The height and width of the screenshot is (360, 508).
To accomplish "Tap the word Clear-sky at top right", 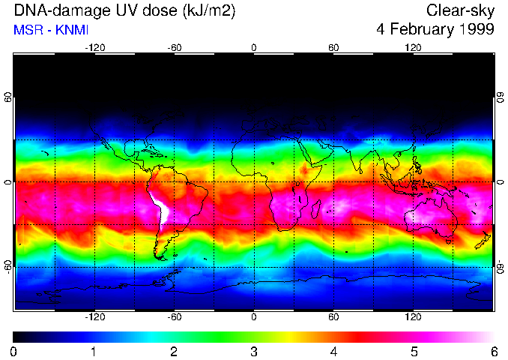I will (459, 10).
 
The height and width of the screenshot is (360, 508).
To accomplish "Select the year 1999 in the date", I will (475, 30).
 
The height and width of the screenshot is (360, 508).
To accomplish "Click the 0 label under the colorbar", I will (14, 351).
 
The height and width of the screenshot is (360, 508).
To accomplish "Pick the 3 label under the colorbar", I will (253, 351).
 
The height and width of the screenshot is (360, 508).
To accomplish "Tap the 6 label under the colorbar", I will (493, 351).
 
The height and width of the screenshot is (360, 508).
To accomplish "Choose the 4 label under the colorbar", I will (333, 351).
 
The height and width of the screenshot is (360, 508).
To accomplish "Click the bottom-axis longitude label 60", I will (333, 317).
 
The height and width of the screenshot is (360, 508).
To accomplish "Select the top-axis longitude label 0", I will (253, 48).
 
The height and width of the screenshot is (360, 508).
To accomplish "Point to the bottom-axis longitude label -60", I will (174, 317).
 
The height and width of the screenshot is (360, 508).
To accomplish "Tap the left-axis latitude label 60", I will (7, 97).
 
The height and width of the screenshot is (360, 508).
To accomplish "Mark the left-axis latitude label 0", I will (7, 182).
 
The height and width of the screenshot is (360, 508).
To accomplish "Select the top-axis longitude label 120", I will (413, 48).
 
